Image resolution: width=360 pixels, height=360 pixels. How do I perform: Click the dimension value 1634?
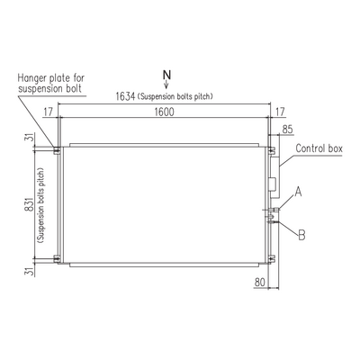click(x=125, y=96)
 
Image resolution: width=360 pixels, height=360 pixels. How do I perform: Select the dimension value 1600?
click(x=164, y=112)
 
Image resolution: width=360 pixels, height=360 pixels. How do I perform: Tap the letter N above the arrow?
click(x=166, y=75)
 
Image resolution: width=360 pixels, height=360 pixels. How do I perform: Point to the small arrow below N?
click(x=166, y=85)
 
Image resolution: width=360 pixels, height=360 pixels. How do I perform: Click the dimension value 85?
click(x=287, y=130)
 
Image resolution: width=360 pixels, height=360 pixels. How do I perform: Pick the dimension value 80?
click(x=260, y=283)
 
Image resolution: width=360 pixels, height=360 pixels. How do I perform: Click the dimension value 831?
click(x=30, y=204)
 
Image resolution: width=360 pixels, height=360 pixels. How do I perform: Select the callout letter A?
click(x=298, y=192)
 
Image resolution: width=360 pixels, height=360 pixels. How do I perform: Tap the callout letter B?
click(x=301, y=235)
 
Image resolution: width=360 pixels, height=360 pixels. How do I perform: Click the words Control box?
click(x=319, y=148)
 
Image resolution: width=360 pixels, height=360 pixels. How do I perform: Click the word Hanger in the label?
click(x=31, y=78)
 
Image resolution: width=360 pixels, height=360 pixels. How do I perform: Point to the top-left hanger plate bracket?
click(x=57, y=150)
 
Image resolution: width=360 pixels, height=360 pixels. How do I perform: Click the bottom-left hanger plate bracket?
click(x=57, y=258)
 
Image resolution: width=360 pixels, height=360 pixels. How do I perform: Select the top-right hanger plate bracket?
click(x=272, y=150)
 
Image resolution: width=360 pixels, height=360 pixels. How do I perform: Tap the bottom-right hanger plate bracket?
click(x=272, y=258)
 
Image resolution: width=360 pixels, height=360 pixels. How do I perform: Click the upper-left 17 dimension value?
click(x=48, y=112)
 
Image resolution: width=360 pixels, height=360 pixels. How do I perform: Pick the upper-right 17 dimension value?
click(x=280, y=112)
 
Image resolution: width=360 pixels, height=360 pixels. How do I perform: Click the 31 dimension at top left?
click(x=30, y=138)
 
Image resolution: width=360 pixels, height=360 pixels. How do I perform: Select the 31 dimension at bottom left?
click(x=30, y=272)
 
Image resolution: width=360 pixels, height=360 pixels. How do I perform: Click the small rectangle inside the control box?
click(x=272, y=184)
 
